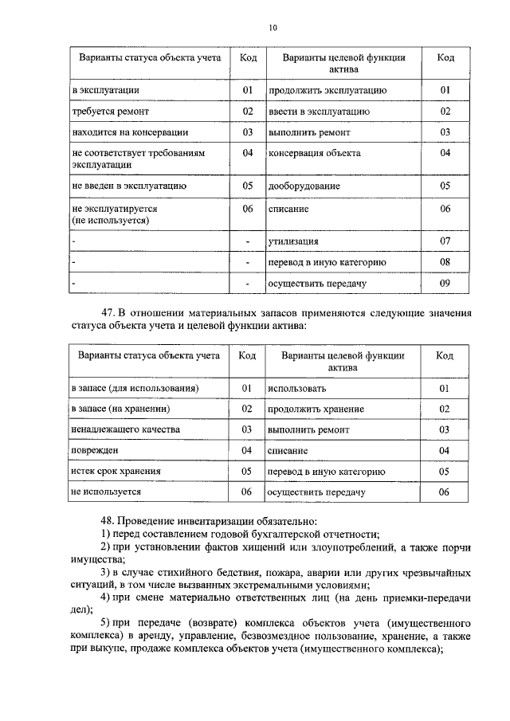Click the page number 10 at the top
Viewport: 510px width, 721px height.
(273, 28)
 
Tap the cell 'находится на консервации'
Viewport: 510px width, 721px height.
(129, 132)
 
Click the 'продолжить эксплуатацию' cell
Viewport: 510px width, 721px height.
(328, 91)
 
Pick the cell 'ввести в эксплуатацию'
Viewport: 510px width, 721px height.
(319, 112)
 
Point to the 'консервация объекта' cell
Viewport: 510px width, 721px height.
(315, 153)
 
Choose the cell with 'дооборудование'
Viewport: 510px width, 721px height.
(304, 186)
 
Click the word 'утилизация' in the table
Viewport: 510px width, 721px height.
(294, 241)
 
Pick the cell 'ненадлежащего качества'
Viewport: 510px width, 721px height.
(125, 429)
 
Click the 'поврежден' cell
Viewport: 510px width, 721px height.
(95, 451)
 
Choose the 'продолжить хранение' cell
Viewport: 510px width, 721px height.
(316, 409)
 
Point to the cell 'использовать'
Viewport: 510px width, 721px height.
(297, 388)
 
